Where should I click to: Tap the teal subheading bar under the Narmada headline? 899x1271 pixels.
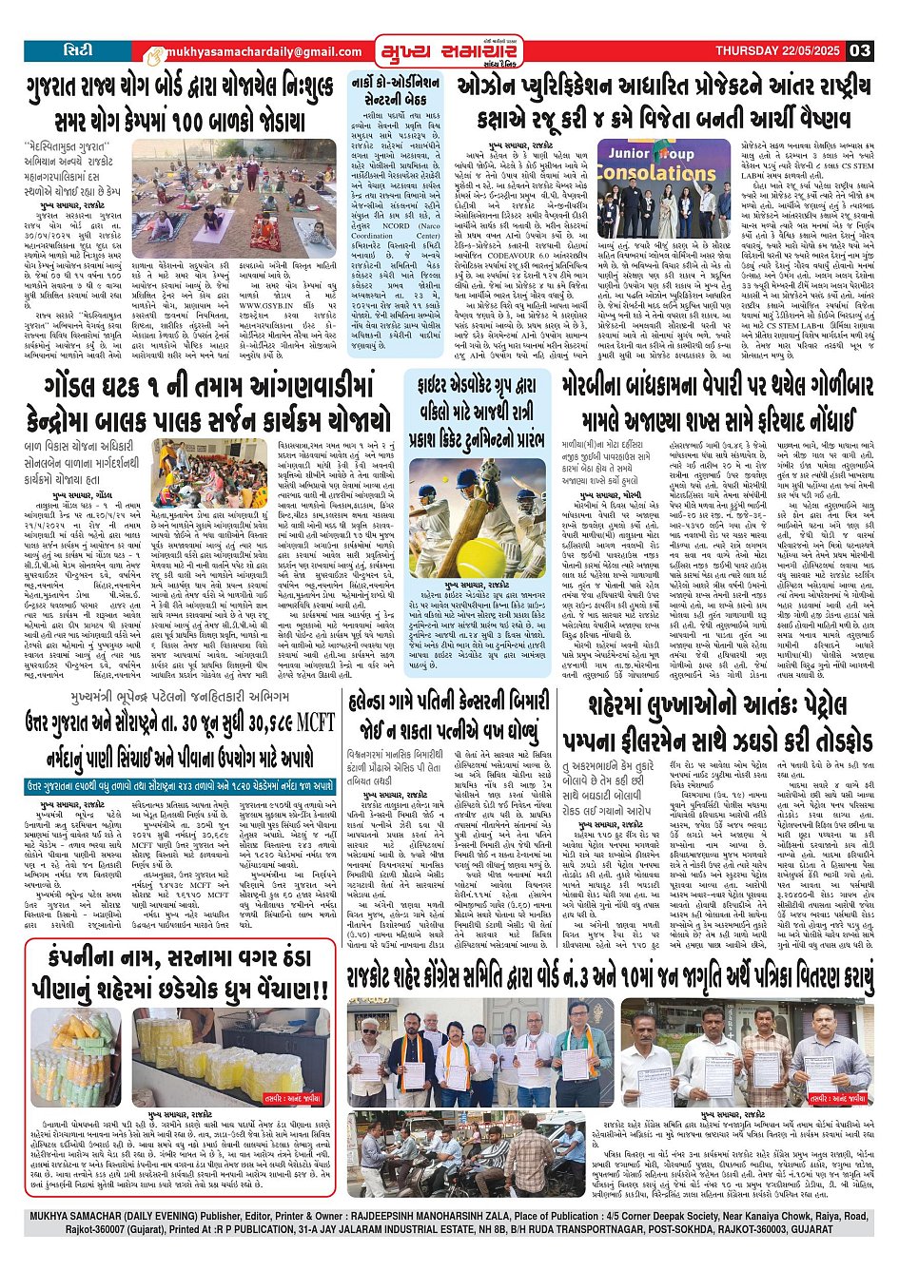(x=181, y=785)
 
